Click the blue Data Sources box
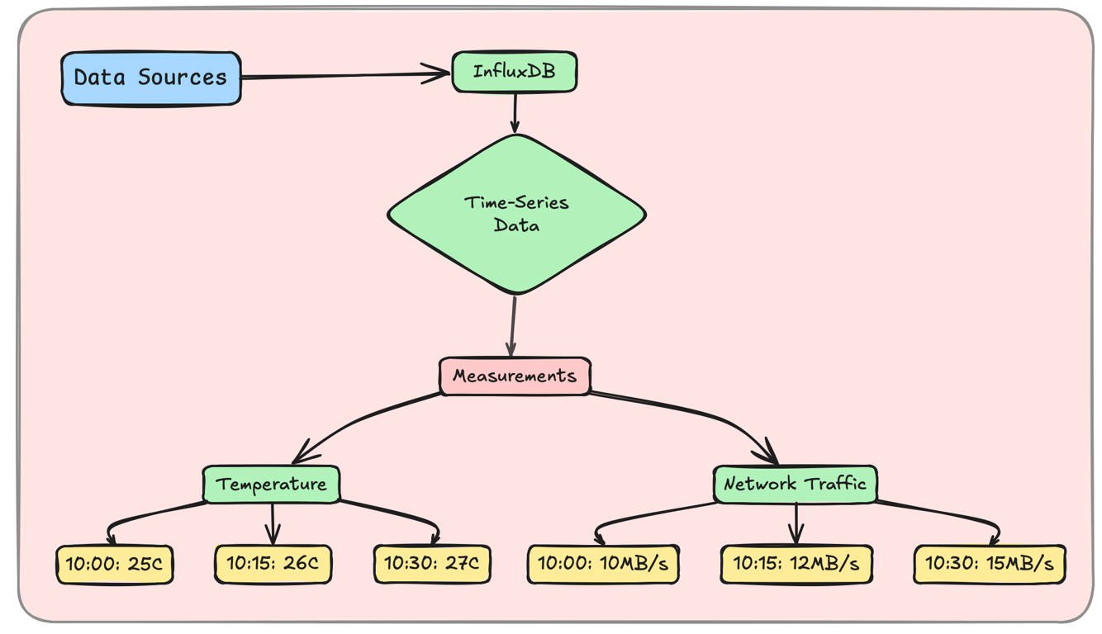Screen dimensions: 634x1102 [x=151, y=78]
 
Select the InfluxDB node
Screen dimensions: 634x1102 [x=514, y=72]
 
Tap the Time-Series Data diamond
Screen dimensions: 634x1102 [x=516, y=214]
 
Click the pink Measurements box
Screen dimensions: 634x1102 [x=514, y=376]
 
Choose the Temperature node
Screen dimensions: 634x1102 [x=271, y=484]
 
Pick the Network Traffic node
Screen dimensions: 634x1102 [x=795, y=484]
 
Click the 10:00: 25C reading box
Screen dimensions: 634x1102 [x=115, y=565]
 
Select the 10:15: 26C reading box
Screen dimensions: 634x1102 [x=273, y=565]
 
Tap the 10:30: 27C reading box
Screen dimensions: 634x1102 [x=432, y=565]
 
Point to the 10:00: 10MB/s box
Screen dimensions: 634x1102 [x=603, y=565]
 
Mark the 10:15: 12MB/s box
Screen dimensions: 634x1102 [x=796, y=565]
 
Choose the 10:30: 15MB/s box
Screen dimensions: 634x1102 [x=989, y=565]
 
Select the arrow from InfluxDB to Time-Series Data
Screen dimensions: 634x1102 [x=515, y=112]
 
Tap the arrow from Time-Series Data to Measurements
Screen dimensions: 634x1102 [x=513, y=326]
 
